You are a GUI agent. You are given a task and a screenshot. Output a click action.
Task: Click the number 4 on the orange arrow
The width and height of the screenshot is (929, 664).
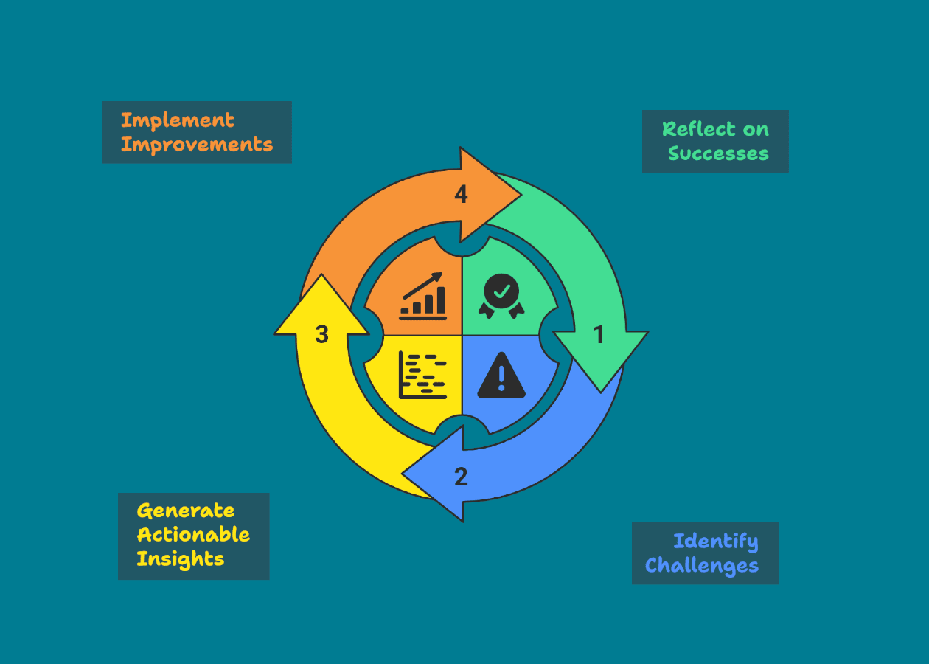tap(462, 194)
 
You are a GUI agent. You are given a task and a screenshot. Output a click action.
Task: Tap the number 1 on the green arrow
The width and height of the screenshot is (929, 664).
tap(598, 334)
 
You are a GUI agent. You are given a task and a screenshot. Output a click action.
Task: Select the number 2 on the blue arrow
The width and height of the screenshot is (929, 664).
tap(461, 477)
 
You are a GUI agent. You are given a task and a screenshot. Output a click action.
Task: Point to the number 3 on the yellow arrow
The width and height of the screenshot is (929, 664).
tap(321, 334)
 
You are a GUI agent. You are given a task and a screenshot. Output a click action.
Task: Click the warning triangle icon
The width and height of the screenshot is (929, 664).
tap(501, 375)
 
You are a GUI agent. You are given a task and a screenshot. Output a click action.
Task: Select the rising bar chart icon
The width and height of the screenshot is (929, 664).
tap(422, 296)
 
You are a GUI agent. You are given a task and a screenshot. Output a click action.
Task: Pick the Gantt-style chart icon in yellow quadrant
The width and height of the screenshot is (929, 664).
tap(422, 375)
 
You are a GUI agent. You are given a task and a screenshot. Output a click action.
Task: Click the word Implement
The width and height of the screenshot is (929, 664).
tap(178, 121)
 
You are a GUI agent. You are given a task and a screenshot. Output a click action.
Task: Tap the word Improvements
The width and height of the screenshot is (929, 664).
tap(197, 145)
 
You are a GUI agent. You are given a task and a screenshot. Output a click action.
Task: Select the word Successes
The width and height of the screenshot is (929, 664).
tap(718, 153)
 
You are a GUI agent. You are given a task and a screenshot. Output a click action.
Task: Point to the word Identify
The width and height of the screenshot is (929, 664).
tap(716, 542)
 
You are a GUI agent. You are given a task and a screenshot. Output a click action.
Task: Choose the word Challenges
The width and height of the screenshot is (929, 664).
tap(702, 566)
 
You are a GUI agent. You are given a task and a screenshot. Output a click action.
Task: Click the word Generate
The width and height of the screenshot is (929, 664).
tap(186, 511)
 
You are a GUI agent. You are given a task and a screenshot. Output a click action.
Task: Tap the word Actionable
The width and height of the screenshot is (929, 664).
tap(193, 534)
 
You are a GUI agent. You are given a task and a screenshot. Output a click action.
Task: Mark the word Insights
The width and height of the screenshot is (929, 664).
tap(181, 559)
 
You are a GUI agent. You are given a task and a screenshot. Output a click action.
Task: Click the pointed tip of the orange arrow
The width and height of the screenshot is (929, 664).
tap(521, 194)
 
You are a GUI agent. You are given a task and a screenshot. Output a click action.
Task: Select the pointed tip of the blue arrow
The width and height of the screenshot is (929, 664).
tap(402, 474)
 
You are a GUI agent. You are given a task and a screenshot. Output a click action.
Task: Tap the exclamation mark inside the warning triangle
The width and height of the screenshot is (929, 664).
tap(501, 378)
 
